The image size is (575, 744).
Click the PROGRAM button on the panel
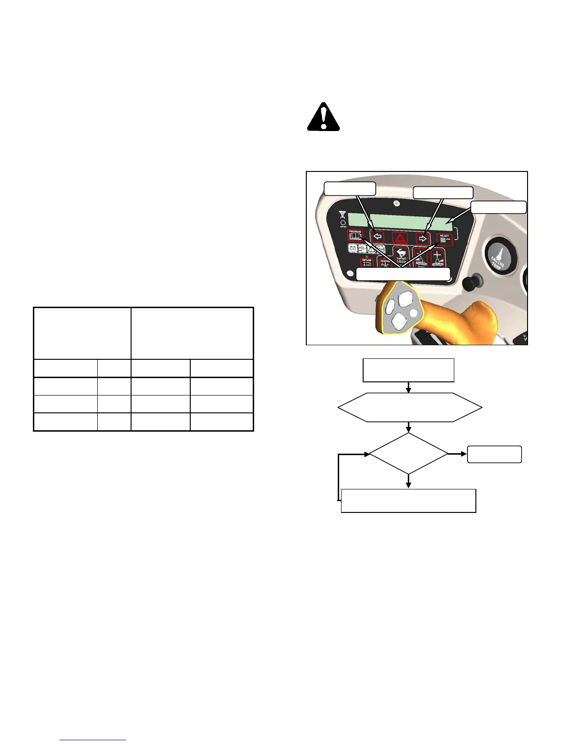click(355, 235)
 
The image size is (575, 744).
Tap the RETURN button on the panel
click(366, 263)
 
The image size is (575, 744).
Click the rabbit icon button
click(401, 256)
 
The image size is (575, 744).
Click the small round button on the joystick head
click(413, 312)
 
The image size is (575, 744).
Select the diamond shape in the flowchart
click(409, 454)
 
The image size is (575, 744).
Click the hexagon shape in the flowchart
click(410, 407)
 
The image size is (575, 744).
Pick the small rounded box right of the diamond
click(494, 454)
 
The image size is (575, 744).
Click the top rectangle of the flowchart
click(408, 370)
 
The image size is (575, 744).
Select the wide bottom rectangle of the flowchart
click(408, 501)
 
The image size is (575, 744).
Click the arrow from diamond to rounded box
click(457, 454)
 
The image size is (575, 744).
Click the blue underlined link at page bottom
click(93, 740)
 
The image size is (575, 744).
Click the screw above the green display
click(397, 203)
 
